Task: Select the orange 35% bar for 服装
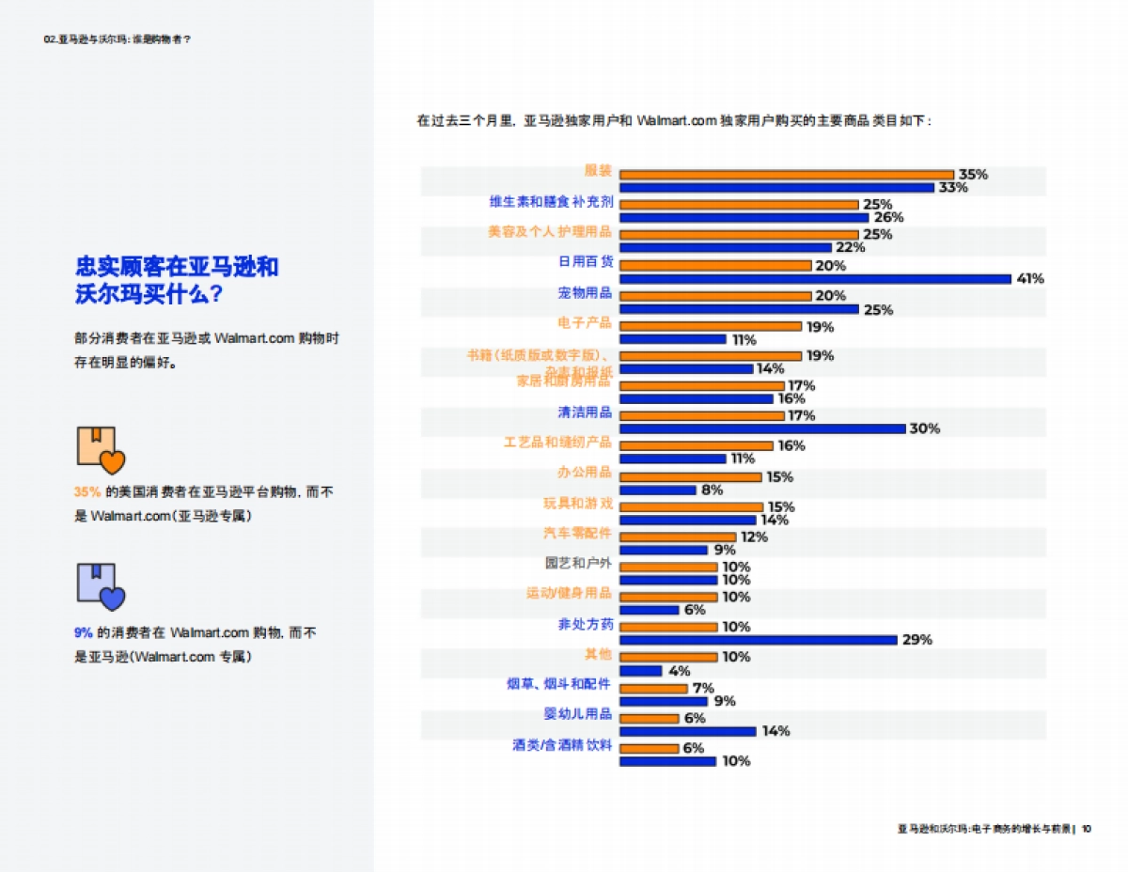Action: click(787, 174)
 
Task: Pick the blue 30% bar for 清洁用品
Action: click(762, 428)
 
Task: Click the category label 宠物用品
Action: click(585, 293)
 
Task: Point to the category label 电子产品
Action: click(585, 322)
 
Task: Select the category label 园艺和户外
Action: click(579, 564)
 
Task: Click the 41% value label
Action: click(1030, 279)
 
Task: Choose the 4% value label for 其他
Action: click(680, 671)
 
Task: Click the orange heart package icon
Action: click(100, 450)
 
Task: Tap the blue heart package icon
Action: click(100, 586)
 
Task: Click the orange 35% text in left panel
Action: click(87, 491)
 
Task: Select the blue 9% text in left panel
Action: click(83, 633)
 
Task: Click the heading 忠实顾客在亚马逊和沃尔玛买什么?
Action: click(177, 279)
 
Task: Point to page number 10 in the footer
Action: click(1086, 829)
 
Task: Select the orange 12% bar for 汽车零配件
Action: click(678, 537)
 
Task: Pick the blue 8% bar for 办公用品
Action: click(658, 490)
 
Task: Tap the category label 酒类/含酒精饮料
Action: click(563, 745)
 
